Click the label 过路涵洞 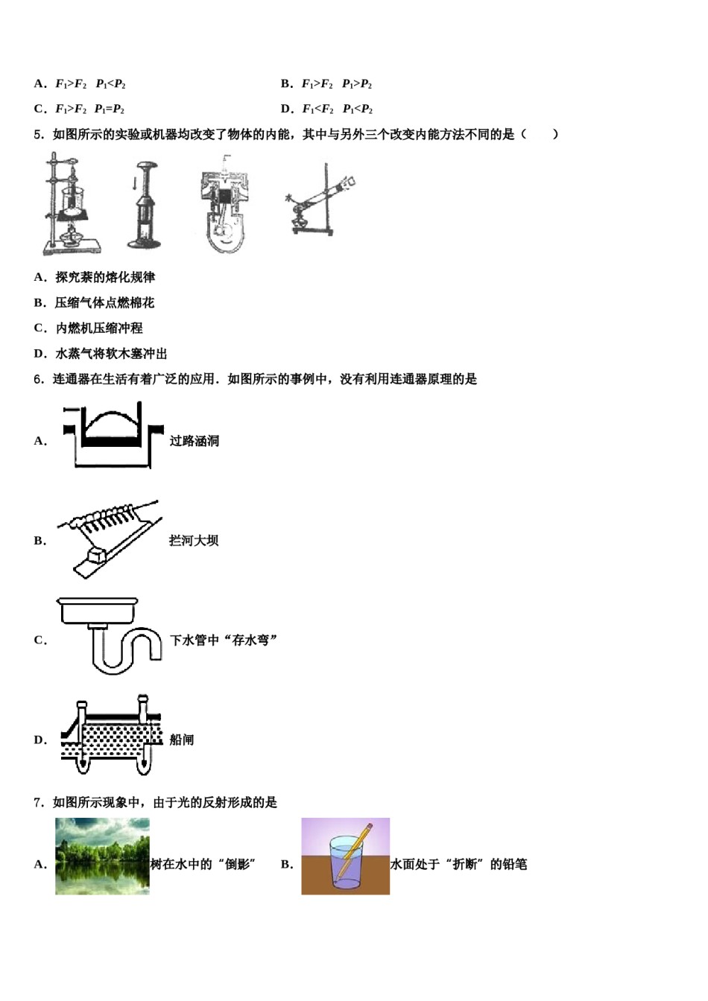(x=194, y=441)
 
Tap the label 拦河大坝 (x=194, y=541)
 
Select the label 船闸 (x=182, y=740)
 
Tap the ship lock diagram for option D (x=112, y=737)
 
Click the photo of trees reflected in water (x=102, y=856)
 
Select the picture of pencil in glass (x=345, y=856)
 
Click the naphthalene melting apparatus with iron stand (x=72, y=203)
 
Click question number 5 (x=38, y=135)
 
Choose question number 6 (x=38, y=379)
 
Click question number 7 (x=38, y=802)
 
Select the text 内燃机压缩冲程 (x=99, y=328)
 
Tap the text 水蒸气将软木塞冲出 (x=111, y=354)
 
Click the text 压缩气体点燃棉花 (x=104, y=303)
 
